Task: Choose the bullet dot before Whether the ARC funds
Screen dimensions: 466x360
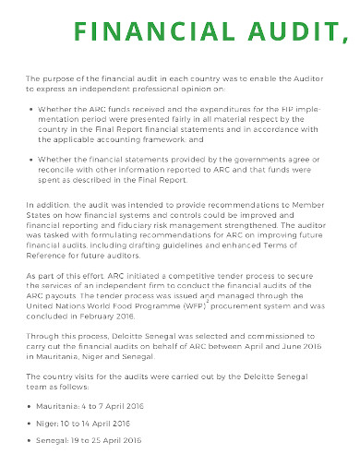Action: click(32, 109)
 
